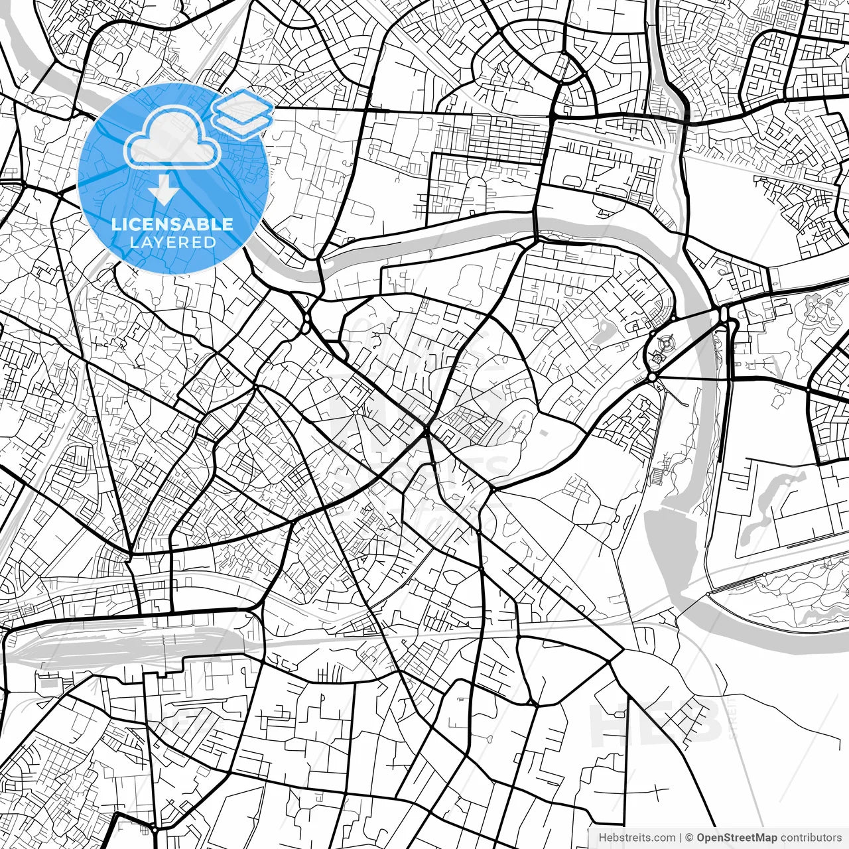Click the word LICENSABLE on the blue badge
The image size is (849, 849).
[x=172, y=224]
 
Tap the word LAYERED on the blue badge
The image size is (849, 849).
[x=172, y=242]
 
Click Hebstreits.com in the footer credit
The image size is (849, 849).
[x=637, y=838]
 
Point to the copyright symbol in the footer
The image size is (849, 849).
[x=689, y=838]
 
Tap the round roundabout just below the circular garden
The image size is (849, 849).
[x=653, y=377]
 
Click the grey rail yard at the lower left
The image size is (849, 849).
[x=119, y=643]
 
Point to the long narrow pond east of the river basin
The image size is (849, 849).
[x=769, y=504]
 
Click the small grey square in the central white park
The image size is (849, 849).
[x=545, y=433]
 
